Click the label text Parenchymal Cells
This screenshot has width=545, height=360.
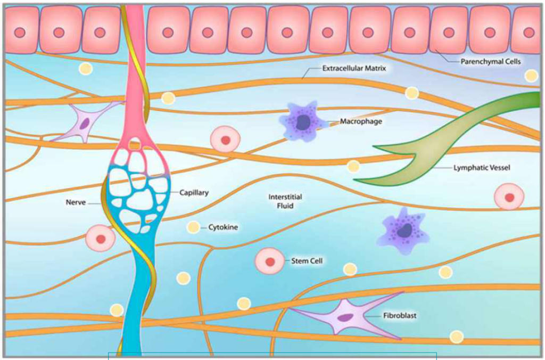[491, 61]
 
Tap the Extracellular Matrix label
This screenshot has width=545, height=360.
[354, 69]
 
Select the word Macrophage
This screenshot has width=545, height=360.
[361, 121]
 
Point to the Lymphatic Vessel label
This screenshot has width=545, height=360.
[482, 168]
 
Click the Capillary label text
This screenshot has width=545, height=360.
[194, 193]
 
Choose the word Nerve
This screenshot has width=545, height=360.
[76, 202]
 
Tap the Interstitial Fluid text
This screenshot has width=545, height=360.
[285, 201]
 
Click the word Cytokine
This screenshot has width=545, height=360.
[223, 227]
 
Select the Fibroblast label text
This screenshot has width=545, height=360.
[400, 316]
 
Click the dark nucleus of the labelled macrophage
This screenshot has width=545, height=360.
[303, 122]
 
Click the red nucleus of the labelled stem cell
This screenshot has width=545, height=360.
[270, 261]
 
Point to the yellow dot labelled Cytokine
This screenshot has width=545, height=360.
[193, 227]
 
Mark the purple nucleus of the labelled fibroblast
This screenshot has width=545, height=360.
[346, 318]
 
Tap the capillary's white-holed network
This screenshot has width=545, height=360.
[139, 194]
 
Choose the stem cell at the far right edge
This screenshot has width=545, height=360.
[509, 198]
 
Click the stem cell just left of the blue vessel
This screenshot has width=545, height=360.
[100, 238]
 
